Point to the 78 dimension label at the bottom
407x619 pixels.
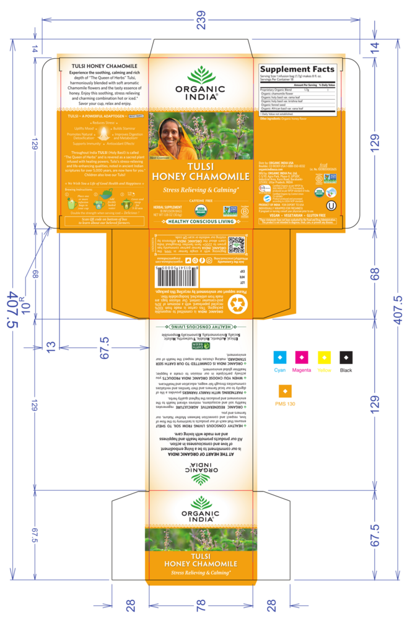pyautogui.click(x=202, y=605)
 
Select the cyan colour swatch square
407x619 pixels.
pyautogui.click(x=280, y=357)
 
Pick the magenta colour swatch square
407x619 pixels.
pyautogui.click(x=302, y=357)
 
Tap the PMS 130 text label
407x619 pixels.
pyautogui.click(x=286, y=404)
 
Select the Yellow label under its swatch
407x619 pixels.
pyautogui.click(x=324, y=370)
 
